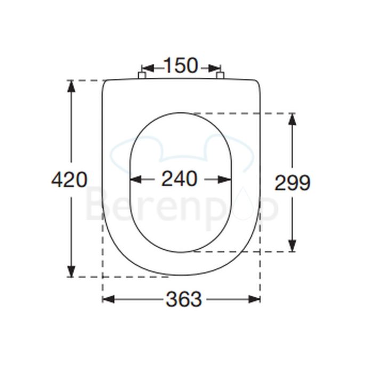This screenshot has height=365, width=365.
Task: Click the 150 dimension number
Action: (x=180, y=66)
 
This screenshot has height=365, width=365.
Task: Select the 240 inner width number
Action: (x=179, y=179)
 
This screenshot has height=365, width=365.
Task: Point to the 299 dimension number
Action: (x=292, y=183)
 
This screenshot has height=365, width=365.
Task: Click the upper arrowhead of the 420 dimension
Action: (x=69, y=86)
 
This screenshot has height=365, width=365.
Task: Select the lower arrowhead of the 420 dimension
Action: (x=69, y=271)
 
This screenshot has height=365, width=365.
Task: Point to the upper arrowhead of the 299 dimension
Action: (x=292, y=119)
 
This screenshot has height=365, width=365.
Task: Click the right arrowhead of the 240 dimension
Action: (x=225, y=180)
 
